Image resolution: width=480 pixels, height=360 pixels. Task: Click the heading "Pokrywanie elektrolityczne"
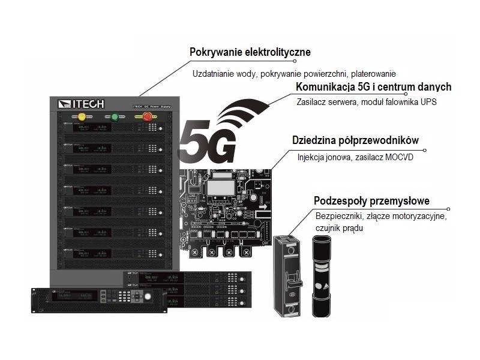(x=250, y=52)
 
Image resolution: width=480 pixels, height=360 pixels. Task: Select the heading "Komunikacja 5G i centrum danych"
(x=373, y=87)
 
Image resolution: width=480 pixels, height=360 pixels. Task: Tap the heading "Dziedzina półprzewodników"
(x=355, y=140)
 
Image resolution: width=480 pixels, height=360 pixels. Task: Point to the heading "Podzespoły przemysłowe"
(x=371, y=200)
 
